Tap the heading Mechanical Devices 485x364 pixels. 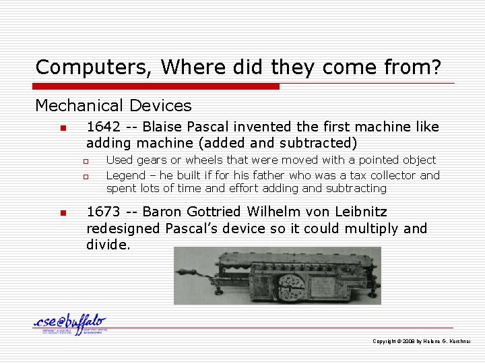click(x=113, y=106)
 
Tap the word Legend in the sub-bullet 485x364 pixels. click(x=125, y=175)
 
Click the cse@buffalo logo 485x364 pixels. click(x=70, y=324)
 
